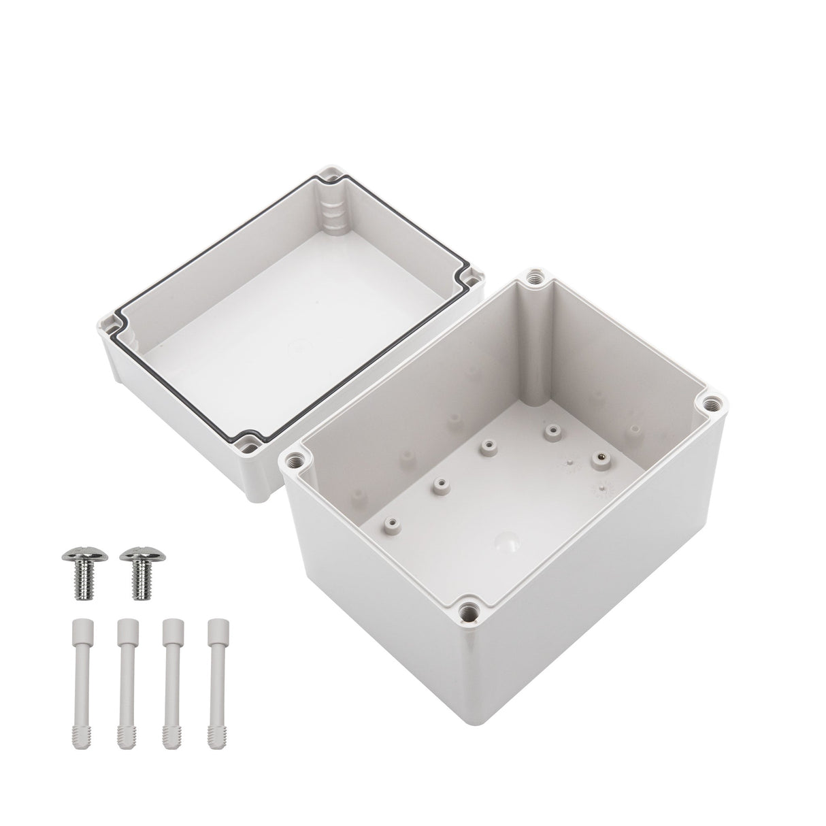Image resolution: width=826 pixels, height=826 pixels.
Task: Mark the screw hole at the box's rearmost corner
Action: tap(531, 278)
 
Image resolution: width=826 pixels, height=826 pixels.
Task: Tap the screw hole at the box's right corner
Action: tap(712, 401)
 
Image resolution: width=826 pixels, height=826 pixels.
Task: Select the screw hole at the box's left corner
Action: tap(295, 461)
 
